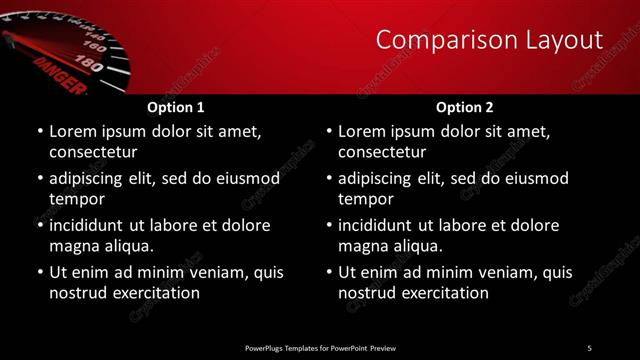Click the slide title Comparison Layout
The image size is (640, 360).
(489, 40)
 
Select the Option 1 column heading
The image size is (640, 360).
(176, 107)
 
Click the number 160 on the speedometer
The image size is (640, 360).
(96, 47)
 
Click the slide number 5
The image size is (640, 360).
(589, 347)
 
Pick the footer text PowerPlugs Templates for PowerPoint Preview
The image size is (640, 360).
(320, 347)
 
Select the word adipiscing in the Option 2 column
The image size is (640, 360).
(378, 178)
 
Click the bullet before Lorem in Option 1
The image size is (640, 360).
(39, 132)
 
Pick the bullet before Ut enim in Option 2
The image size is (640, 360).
(328, 273)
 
